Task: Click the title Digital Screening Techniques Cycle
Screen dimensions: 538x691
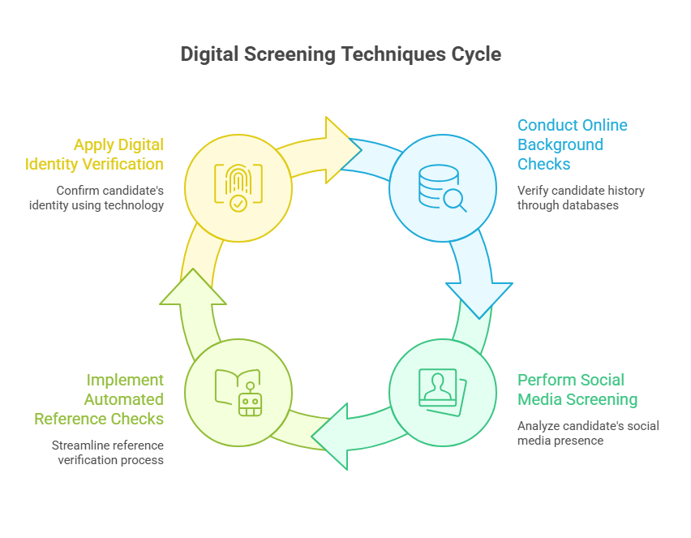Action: [x=341, y=54]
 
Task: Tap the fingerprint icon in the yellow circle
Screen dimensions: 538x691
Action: [x=238, y=188]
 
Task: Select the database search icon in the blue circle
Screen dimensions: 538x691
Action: [x=442, y=188]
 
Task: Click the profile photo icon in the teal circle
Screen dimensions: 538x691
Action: [x=442, y=393]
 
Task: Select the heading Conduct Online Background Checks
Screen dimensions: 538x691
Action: [x=572, y=144]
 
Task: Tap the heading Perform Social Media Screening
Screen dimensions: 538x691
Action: [x=577, y=390]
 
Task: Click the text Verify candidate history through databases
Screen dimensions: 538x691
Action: [x=581, y=198]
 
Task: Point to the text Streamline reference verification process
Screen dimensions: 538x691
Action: [x=108, y=453]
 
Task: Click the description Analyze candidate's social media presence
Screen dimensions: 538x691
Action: [x=588, y=433]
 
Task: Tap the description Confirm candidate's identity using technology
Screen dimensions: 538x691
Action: [x=109, y=198]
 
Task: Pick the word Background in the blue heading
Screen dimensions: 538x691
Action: [x=560, y=144]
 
